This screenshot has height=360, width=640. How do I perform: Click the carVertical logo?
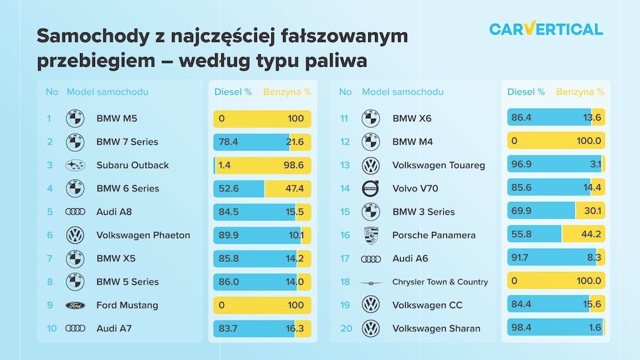546,29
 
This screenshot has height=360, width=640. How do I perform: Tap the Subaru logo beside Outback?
74,165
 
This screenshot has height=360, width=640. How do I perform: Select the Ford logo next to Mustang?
74,305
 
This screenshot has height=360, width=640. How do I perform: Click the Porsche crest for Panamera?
371,235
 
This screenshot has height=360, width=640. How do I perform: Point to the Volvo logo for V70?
371,188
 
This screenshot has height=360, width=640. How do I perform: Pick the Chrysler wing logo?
371,282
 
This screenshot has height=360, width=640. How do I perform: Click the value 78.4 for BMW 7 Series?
228,142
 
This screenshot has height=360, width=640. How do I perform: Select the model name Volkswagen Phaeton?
143,235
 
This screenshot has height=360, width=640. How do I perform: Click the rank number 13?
345,165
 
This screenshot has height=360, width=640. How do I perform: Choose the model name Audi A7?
114,328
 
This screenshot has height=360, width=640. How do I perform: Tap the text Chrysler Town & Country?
440,282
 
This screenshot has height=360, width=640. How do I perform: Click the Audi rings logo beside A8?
74,212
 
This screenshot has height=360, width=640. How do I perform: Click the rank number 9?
49,305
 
